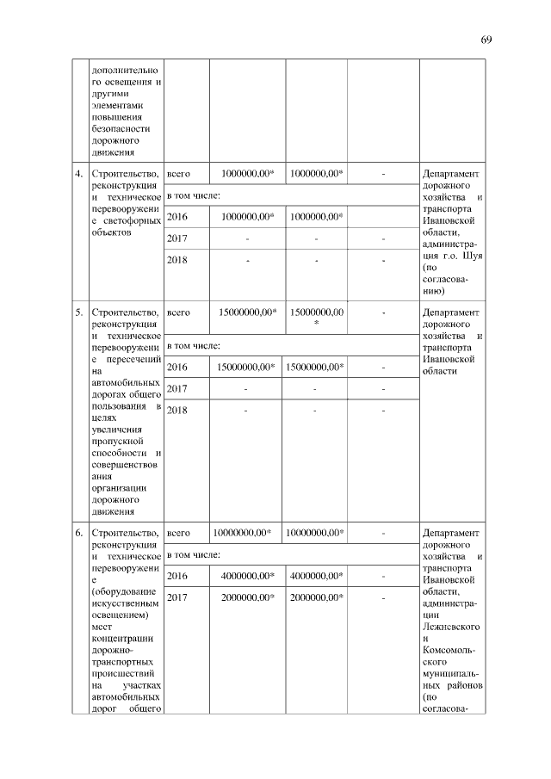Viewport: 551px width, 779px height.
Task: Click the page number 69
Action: (x=486, y=40)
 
